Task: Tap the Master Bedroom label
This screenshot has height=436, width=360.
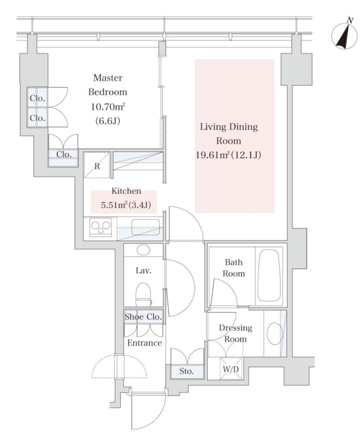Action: click(x=108, y=85)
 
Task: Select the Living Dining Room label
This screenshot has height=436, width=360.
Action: click(x=229, y=134)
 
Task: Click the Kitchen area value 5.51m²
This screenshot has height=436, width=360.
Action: click(x=113, y=205)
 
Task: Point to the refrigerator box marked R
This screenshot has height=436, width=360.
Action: click(x=97, y=165)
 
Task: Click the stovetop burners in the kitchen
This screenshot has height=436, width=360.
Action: click(x=101, y=227)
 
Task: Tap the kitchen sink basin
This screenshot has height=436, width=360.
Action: click(x=146, y=227)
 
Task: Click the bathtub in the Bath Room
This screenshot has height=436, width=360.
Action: click(x=268, y=275)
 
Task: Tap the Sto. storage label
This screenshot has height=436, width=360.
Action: click(x=187, y=371)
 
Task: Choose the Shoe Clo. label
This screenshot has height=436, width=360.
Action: click(x=143, y=317)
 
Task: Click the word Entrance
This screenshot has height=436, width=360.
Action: click(x=144, y=343)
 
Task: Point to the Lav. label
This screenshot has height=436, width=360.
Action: click(x=144, y=270)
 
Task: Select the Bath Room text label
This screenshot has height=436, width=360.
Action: click(x=234, y=268)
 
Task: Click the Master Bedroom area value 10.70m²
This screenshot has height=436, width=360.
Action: click(x=108, y=106)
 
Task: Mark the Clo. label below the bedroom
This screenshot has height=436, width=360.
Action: click(x=64, y=154)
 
